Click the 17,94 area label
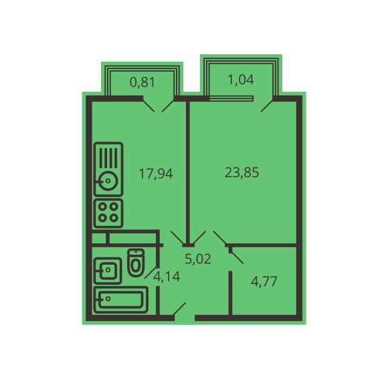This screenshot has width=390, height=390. click(x=156, y=174)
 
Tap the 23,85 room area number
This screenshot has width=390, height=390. click(x=241, y=172)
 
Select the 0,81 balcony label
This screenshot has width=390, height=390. click(x=142, y=82)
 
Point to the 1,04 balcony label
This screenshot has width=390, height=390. click(x=241, y=80)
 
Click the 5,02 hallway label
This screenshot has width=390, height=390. click(x=198, y=259)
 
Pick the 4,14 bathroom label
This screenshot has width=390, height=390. click(x=167, y=277)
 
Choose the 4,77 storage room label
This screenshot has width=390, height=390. click(x=264, y=281)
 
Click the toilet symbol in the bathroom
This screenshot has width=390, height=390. click(x=136, y=263)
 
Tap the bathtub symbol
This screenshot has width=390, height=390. click(x=121, y=300)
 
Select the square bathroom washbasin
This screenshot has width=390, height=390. click(x=108, y=271)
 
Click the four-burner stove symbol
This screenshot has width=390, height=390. click(x=108, y=213)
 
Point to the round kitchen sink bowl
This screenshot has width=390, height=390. click(x=108, y=181)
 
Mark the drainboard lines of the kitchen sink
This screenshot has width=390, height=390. click(x=108, y=157)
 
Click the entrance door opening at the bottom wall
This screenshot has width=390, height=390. click(x=185, y=318)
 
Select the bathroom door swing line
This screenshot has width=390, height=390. click(x=151, y=272)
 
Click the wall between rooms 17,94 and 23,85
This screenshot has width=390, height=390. click(x=188, y=172)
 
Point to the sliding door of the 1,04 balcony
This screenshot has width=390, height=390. click(x=231, y=99)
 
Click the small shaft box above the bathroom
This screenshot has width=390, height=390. click(x=100, y=239)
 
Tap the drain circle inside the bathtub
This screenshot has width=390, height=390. click(x=108, y=299)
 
